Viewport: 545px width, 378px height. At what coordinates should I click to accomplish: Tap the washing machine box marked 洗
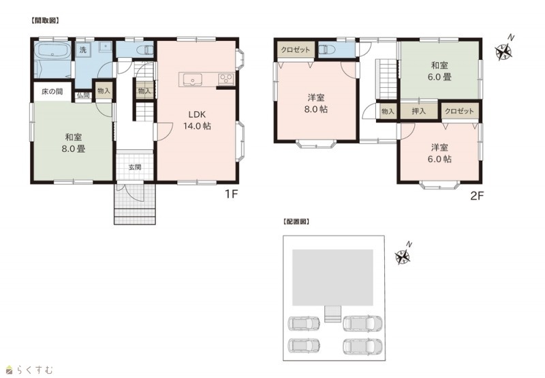[x=83, y=50]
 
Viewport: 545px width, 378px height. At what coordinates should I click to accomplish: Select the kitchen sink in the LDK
[x=192, y=79]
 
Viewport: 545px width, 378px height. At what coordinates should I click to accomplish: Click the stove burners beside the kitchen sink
[x=226, y=79]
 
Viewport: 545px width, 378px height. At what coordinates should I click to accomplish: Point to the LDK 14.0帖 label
[x=197, y=120]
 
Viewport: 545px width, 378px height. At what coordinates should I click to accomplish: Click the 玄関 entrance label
[x=135, y=167]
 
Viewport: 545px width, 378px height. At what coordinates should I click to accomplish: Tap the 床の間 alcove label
[x=52, y=92]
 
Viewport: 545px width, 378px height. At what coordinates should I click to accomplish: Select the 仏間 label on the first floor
[x=83, y=95]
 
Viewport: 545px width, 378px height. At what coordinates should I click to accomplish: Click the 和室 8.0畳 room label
[x=74, y=143]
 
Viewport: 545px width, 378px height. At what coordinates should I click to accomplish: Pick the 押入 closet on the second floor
[x=418, y=111]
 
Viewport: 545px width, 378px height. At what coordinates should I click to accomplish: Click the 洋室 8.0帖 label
[x=316, y=104]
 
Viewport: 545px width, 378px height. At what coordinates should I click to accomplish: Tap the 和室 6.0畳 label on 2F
[x=439, y=71]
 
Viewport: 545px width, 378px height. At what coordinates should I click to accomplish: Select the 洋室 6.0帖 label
[x=439, y=153]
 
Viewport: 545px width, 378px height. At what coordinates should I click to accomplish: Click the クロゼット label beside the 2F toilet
[x=296, y=50]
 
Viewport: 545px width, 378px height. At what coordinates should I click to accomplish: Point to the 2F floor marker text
[x=477, y=196]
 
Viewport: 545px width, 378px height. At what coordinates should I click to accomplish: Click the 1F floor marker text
[x=231, y=194]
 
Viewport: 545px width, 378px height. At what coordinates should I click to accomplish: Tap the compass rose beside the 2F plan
[x=503, y=51]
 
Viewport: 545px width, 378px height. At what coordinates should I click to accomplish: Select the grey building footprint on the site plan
[x=332, y=277]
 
